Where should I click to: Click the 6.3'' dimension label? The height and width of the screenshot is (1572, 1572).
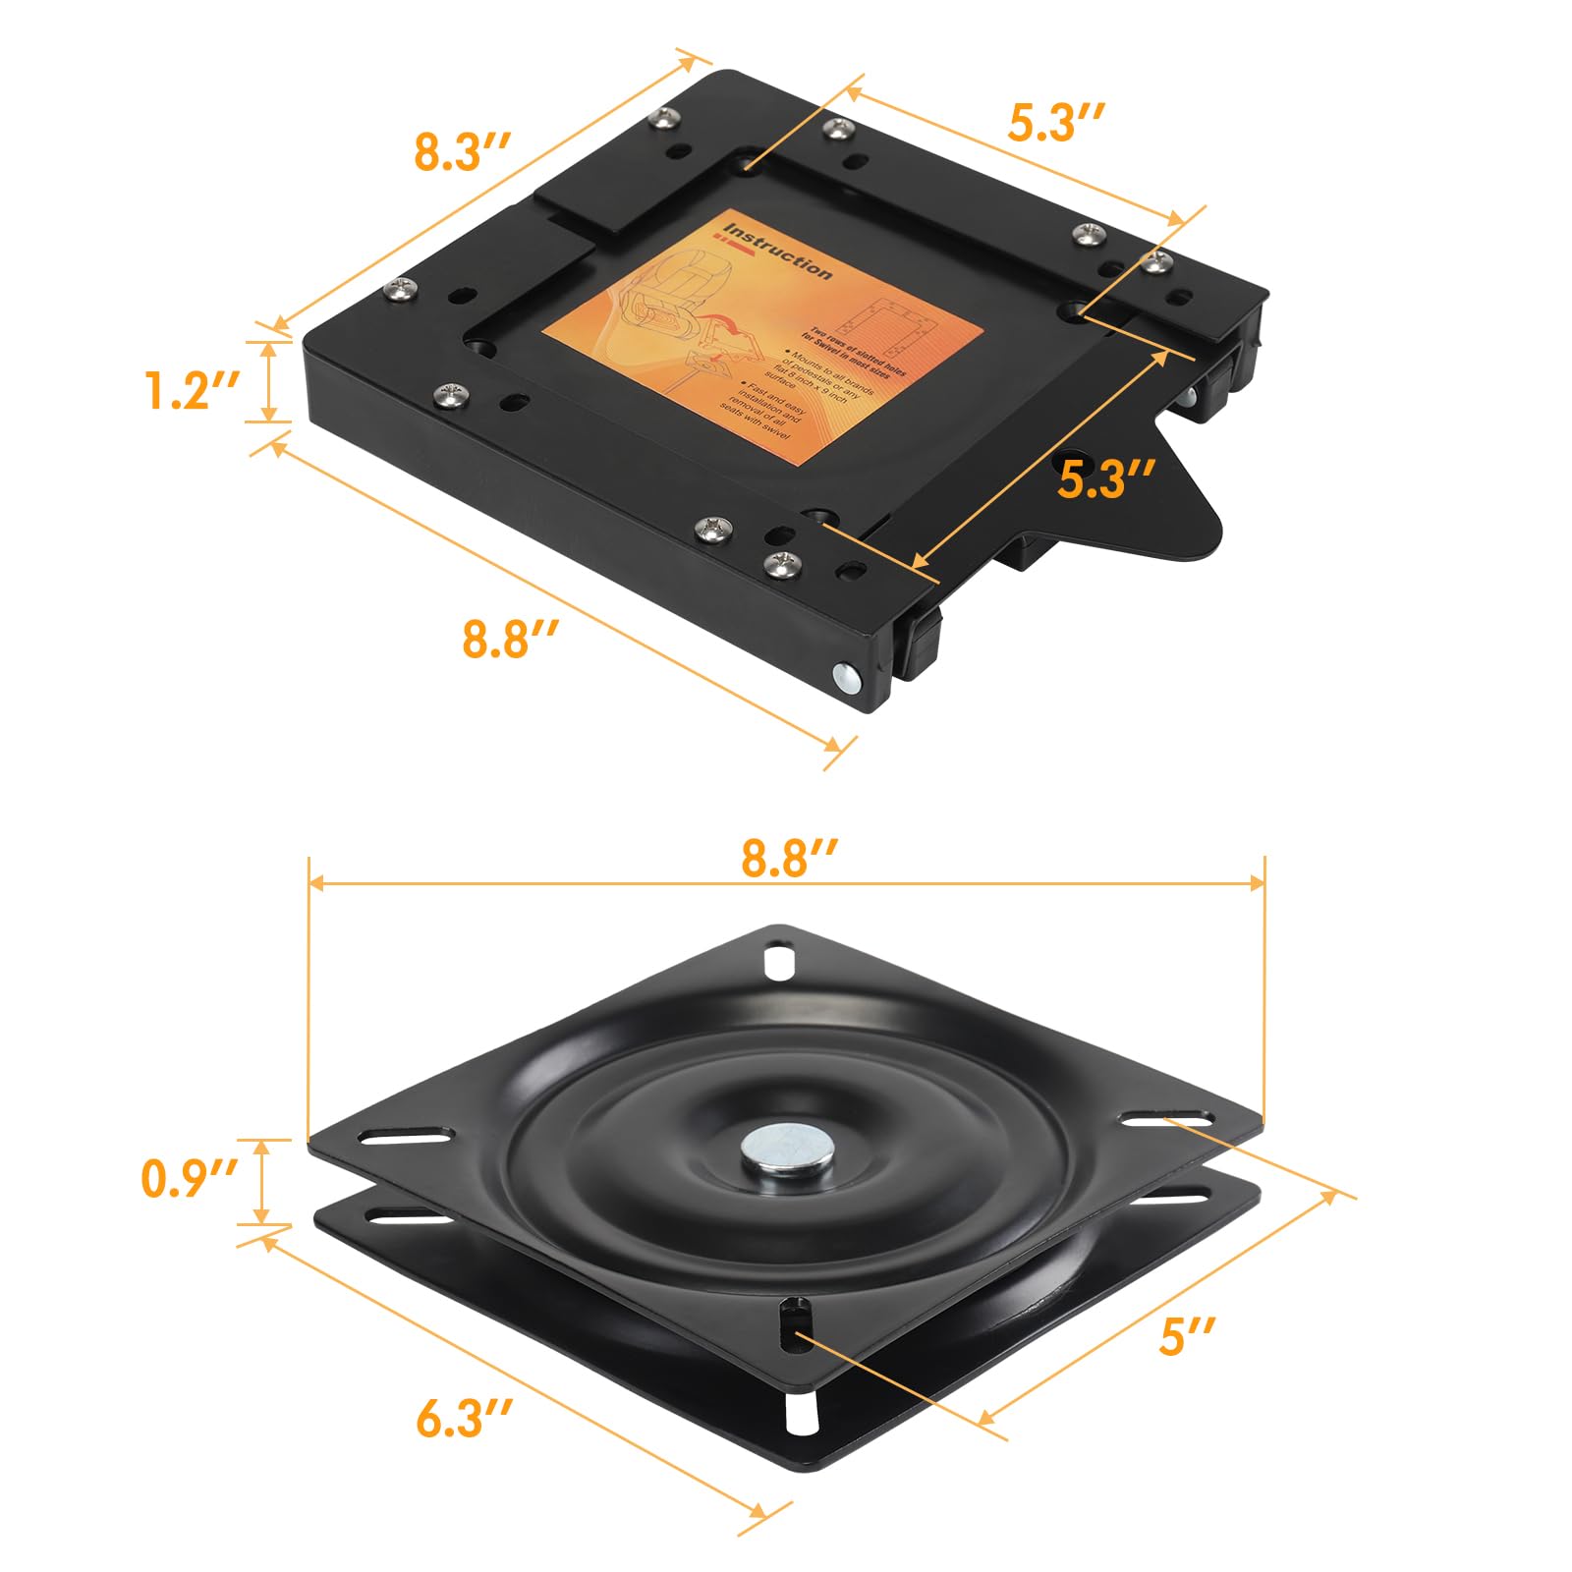[x=464, y=1420]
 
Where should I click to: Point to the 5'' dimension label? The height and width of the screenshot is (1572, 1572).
[x=1187, y=1337]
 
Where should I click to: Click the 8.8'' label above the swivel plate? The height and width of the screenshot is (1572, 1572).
[x=788, y=858]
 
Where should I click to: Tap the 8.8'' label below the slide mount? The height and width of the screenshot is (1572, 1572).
[x=510, y=640]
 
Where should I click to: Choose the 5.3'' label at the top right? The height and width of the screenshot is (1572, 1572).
[x=1057, y=123]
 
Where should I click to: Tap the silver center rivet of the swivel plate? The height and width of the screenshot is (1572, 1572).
[x=783, y=1150]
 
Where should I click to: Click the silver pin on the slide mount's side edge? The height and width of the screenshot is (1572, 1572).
[x=845, y=677]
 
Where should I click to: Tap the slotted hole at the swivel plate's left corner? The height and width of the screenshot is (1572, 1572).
[x=406, y=1137]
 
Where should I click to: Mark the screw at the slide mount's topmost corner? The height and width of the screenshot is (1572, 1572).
[x=666, y=118]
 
